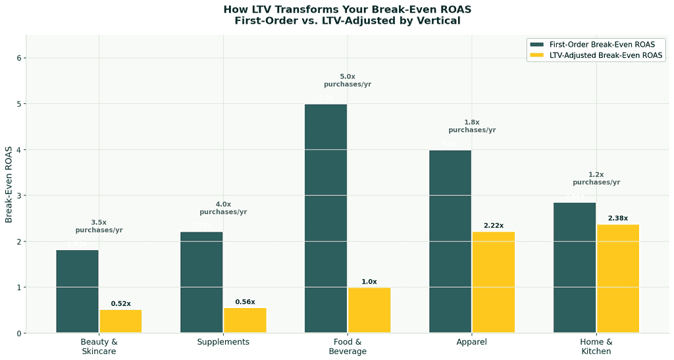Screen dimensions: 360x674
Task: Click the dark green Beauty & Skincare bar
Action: tap(77, 292)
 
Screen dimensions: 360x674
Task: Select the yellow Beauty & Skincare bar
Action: tap(120, 321)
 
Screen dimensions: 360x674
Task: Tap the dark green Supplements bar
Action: tap(201, 282)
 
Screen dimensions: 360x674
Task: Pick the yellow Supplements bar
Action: tap(245, 321)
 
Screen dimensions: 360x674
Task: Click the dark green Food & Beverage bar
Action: tap(326, 219)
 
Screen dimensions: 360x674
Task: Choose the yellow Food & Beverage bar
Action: tap(369, 310)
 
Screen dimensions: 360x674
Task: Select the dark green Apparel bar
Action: tap(450, 242)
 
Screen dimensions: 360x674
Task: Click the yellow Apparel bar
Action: tap(494, 282)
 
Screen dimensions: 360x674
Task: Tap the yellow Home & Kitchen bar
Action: tap(618, 279)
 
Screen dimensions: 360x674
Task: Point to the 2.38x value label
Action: tap(617, 219)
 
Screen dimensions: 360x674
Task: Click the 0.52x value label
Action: tap(120, 304)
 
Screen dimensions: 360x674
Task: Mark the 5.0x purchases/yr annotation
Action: tap(348, 80)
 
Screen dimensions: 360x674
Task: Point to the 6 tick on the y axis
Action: tap(20, 58)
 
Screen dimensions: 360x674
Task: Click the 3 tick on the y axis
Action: tap(20, 195)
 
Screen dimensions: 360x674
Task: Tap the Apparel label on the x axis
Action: tap(472, 342)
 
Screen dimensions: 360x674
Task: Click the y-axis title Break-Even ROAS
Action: tap(9, 184)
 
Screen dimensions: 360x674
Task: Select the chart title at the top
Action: tap(348, 14)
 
